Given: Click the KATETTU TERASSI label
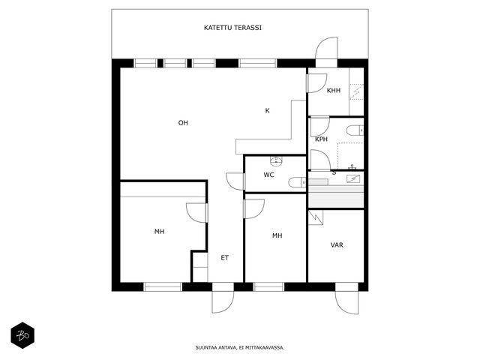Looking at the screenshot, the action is tap(232, 28).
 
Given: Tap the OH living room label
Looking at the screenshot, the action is tap(183, 123).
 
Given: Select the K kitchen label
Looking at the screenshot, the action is tap(267, 110).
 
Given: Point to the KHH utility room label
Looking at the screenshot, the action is tap(334, 91).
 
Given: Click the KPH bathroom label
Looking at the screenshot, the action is tap(322, 139).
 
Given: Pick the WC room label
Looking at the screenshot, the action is tap(268, 175).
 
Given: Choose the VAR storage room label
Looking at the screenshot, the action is tap(337, 245).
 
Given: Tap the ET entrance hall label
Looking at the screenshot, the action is tap(225, 258).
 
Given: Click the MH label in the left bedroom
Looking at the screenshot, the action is tap(160, 232).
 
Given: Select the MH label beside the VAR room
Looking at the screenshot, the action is tap(277, 235).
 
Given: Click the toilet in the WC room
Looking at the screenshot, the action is tap(297, 182).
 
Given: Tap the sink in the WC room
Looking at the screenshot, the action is tap(276, 160).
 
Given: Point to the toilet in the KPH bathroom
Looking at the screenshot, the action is tap(355, 130).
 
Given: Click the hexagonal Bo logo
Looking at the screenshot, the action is tap(22, 335).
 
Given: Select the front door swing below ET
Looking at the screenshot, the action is tap(223, 301).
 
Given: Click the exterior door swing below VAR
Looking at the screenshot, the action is tap(346, 302).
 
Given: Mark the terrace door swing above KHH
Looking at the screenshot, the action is tap(327, 48).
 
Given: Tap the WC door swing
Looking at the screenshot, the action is tap(235, 181).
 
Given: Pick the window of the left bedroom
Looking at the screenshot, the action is tap(163, 286).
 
